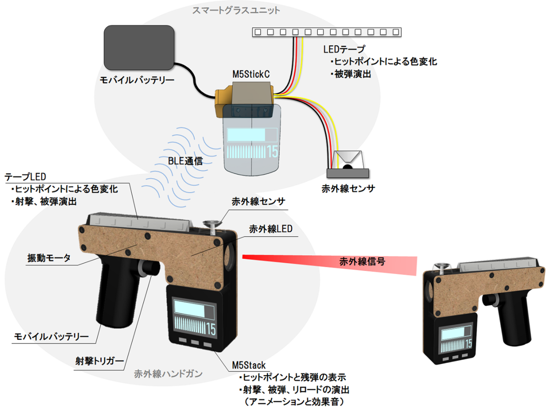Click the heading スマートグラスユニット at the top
click(236, 9)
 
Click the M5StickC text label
click(251, 74)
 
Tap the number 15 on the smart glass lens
click(272, 152)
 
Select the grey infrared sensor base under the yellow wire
click(347, 173)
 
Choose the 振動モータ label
click(49, 258)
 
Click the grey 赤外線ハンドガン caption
click(168, 373)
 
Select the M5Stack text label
click(248, 365)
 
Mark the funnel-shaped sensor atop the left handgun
click(212, 225)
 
